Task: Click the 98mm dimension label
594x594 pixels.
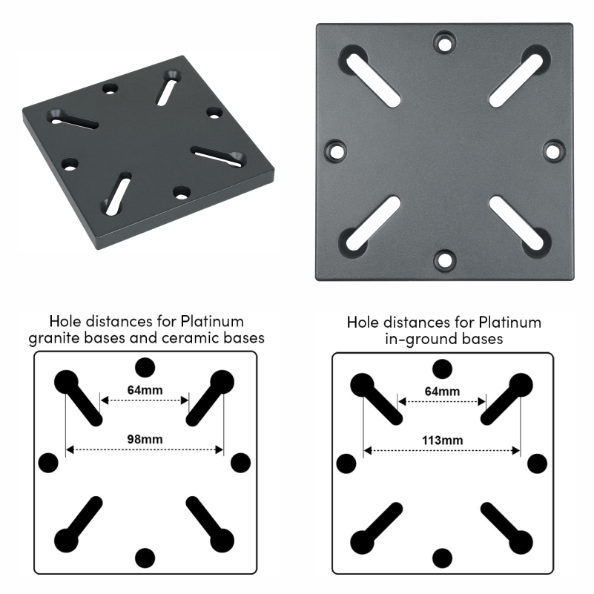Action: [145, 440]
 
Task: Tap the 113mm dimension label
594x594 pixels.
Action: [443, 440]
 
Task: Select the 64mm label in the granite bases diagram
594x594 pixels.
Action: [145, 390]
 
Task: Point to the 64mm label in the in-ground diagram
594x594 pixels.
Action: [443, 392]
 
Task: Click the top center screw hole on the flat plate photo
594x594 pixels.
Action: [445, 42]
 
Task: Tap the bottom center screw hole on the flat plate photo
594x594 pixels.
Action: [445, 260]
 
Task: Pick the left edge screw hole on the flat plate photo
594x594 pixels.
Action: [336, 151]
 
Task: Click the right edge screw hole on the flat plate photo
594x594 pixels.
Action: [553, 151]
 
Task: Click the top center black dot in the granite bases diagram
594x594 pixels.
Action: [145, 368]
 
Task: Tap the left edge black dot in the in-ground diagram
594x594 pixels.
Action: [346, 463]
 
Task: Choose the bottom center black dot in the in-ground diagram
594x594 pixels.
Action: [443, 558]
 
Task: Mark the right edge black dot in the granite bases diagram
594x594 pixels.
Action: [240, 463]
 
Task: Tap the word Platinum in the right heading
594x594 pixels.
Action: [510, 323]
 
